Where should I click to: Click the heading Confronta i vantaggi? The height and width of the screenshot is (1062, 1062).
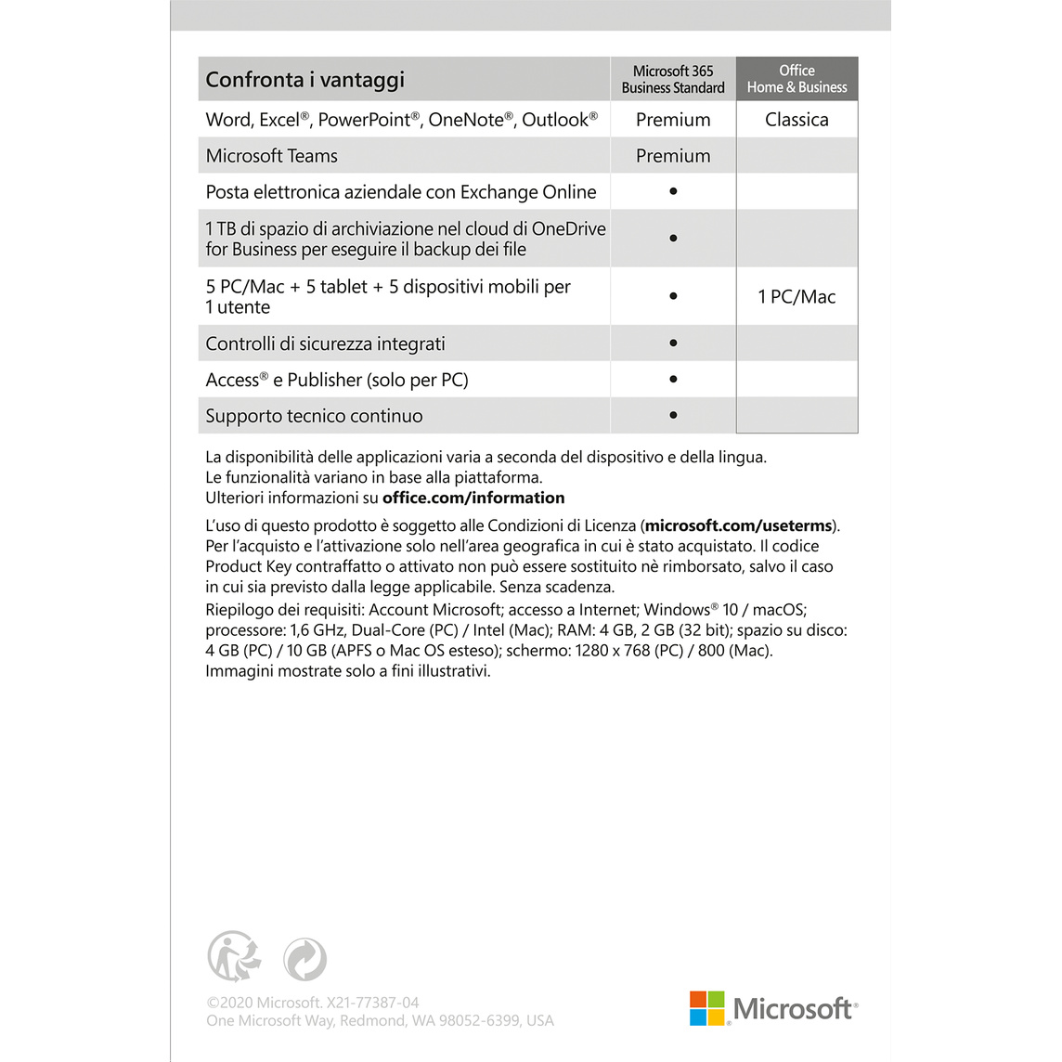click(305, 80)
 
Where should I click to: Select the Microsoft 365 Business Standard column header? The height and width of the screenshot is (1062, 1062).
click(673, 80)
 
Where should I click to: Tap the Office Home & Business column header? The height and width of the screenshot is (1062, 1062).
click(796, 80)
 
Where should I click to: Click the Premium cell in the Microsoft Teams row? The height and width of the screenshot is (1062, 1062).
click(673, 156)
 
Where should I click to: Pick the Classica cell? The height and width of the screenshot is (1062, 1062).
click(796, 120)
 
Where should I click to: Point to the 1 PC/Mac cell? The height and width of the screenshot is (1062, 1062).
click(796, 297)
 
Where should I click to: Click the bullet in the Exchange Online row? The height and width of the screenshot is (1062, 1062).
click(673, 191)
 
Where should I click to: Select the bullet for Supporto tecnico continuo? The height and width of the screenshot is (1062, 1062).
click(673, 415)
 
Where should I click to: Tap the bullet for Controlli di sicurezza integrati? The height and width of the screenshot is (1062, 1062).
click(673, 343)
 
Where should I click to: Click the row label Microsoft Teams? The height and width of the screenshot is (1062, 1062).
click(272, 156)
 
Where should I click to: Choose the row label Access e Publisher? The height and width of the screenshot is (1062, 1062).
click(337, 380)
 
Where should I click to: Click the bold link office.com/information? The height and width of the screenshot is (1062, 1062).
click(473, 498)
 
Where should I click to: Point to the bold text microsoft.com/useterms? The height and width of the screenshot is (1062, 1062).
click(739, 525)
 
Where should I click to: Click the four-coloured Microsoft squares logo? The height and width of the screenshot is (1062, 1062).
click(707, 1008)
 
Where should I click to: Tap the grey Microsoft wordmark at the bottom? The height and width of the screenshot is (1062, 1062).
click(793, 1009)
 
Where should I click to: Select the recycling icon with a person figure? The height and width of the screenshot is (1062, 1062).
click(233, 957)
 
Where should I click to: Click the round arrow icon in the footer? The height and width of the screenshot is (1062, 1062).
click(304, 959)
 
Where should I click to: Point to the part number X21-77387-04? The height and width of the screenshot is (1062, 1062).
click(372, 1003)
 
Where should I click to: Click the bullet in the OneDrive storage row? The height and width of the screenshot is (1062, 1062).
click(673, 239)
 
